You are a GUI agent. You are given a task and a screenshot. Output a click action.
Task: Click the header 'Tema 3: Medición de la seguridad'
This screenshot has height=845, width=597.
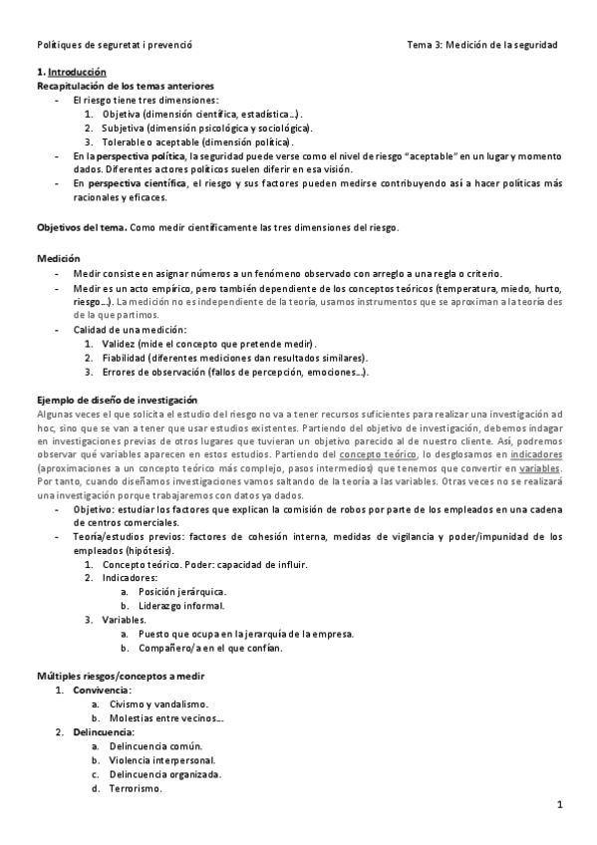coord(482,46)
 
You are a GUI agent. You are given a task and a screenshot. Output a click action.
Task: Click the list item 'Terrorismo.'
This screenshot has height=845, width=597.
coord(136,787)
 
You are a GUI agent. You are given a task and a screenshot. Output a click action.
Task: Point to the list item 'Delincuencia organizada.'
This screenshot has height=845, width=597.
coord(165,773)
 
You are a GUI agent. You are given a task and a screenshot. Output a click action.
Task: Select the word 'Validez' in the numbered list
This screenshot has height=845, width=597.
coord(121,343)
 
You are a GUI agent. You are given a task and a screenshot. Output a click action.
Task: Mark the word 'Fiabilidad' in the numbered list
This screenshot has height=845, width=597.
coord(127,357)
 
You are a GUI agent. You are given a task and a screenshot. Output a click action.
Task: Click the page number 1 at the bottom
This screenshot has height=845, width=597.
coord(560,805)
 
